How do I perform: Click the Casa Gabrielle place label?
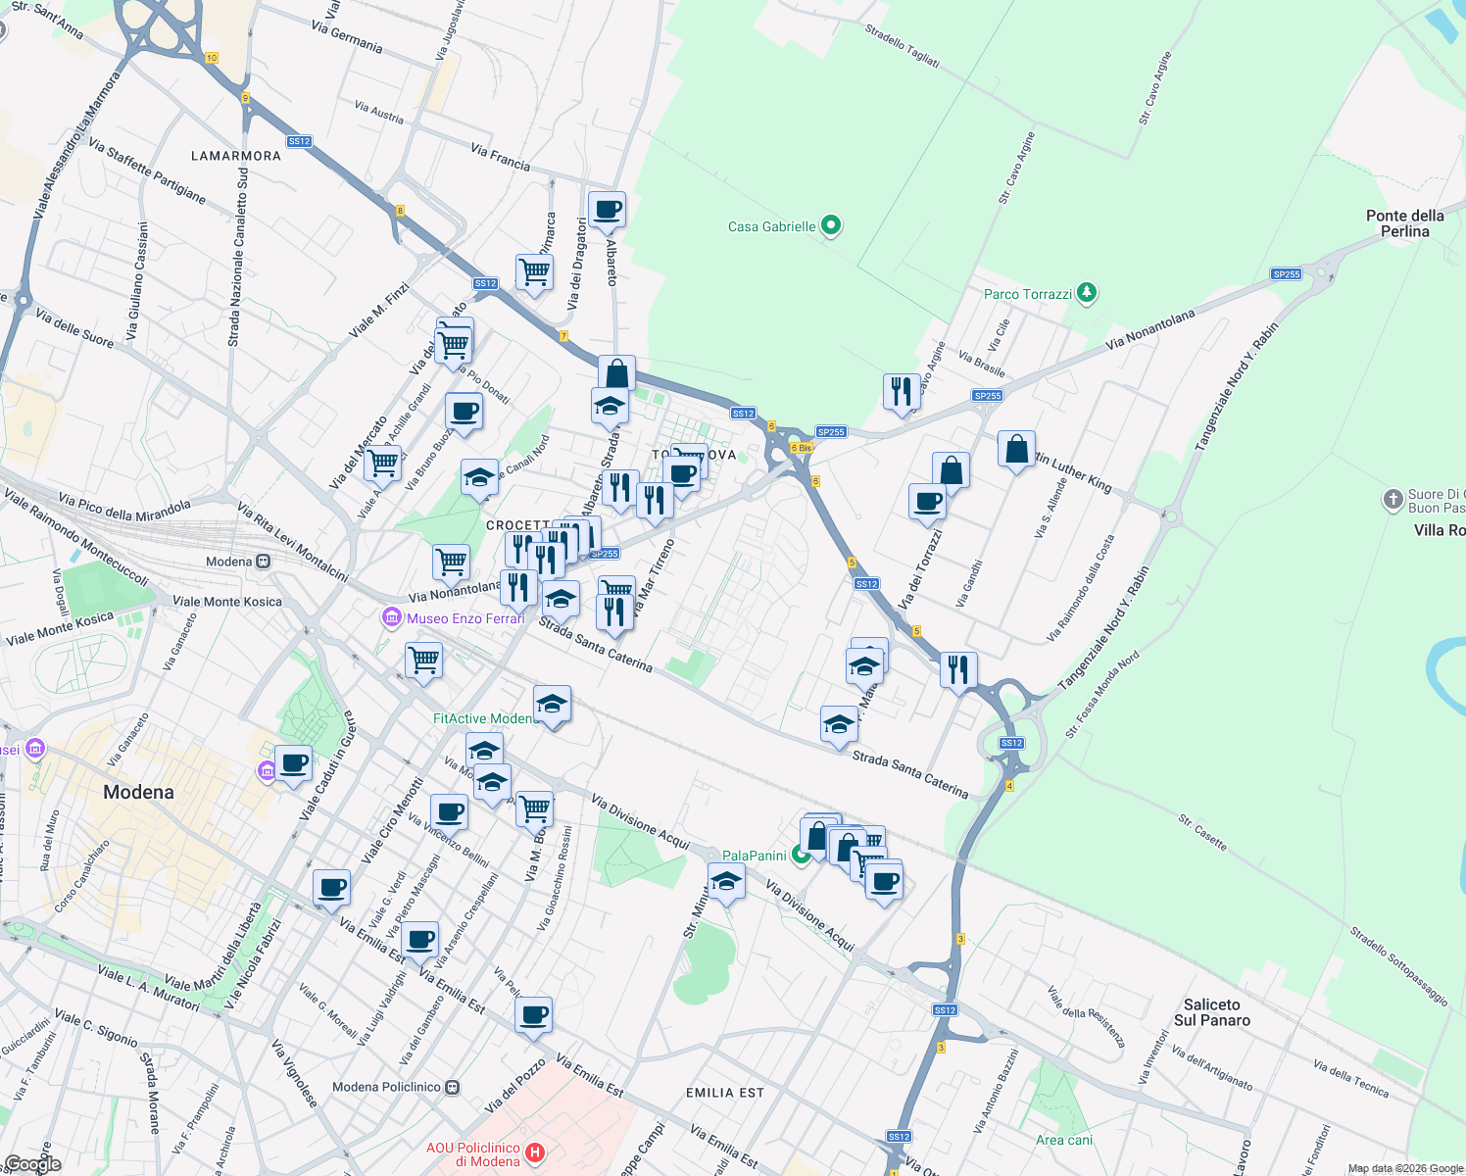pyautogui.click(x=772, y=226)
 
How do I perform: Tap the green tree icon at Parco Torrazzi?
pyautogui.click(x=1086, y=293)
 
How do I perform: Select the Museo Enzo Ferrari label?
pyautogui.click(x=465, y=618)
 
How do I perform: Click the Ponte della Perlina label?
pyautogui.click(x=1404, y=223)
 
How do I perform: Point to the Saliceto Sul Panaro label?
pyautogui.click(x=1211, y=1012)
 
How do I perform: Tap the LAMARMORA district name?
pyautogui.click(x=236, y=156)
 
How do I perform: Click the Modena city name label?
pyautogui.click(x=138, y=792)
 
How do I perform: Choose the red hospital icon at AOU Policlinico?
pyautogui.click(x=535, y=1153)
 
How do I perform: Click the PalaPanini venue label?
pyautogui.click(x=755, y=856)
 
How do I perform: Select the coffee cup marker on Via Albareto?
pyautogui.click(x=607, y=210)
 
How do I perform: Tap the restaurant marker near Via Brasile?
pyautogui.click(x=901, y=391)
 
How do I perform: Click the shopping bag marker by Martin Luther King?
pyautogui.click(x=1016, y=450)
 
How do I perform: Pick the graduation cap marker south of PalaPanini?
pyautogui.click(x=726, y=882)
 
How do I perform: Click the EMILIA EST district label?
pyautogui.click(x=725, y=1093)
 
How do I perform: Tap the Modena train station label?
pyautogui.click(x=229, y=562)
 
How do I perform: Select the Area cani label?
pyautogui.click(x=1064, y=1140)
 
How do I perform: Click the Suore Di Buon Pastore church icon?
pyautogui.click(x=1393, y=500)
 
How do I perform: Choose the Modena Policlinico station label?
pyautogui.click(x=387, y=1087)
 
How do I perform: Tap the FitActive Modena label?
pyautogui.click(x=484, y=718)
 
